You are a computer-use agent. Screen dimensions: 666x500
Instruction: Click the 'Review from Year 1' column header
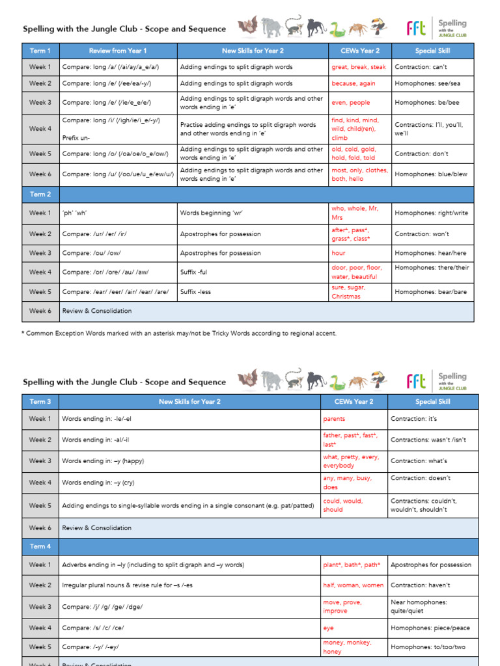click(118, 51)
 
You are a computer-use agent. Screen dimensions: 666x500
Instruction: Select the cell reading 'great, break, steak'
click(358, 67)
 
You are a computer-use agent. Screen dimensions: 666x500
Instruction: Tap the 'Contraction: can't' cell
click(422, 67)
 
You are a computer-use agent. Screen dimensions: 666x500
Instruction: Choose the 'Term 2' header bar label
click(40, 194)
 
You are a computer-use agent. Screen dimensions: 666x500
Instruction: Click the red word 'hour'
click(339, 253)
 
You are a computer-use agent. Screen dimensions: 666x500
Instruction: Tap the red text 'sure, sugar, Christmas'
click(348, 292)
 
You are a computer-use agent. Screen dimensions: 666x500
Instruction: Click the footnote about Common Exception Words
click(179, 333)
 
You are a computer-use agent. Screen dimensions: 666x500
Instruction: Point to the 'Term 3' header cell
click(40, 401)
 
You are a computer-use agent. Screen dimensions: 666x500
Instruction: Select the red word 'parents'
click(334, 419)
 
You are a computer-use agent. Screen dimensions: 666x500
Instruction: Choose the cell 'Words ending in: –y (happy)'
click(103, 461)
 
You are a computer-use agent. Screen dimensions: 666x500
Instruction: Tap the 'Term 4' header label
click(40, 546)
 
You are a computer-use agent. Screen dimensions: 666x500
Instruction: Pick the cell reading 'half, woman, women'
click(353, 585)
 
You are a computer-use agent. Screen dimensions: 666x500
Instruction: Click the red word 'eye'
click(328, 628)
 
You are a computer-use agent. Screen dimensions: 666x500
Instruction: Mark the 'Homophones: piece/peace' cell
click(430, 628)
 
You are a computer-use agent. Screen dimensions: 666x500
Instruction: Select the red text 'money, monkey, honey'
click(347, 647)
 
